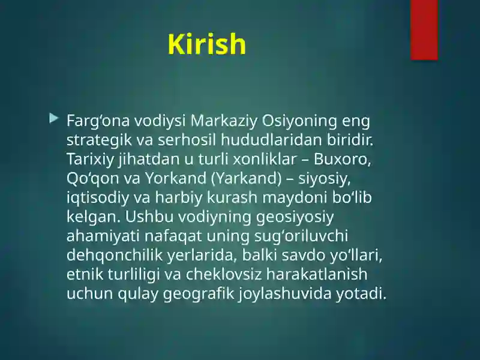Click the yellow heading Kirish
pyautogui.click(x=206, y=44)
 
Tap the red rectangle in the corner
pyautogui.click(x=424, y=29)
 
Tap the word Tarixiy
pyautogui.click(x=89, y=161)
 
